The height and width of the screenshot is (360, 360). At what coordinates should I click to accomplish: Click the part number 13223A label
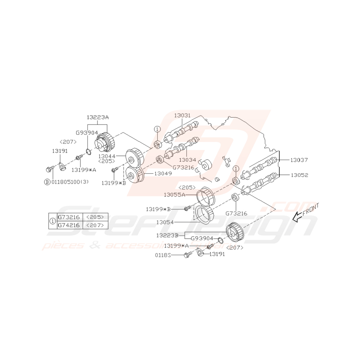pos(97,117)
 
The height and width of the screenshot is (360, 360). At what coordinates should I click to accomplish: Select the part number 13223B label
pos(167,235)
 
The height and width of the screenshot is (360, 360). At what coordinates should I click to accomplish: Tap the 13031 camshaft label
pos(183,115)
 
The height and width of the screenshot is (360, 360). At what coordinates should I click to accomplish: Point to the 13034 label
pos(188,159)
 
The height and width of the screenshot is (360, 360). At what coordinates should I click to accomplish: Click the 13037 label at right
pos(299,160)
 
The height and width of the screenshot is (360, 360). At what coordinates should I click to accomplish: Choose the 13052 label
pos(299,175)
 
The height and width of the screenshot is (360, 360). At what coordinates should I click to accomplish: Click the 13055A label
pos(175,195)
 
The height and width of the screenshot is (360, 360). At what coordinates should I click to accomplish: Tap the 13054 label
pos(165,222)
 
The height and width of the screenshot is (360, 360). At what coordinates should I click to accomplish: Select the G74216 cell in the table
pos(68,225)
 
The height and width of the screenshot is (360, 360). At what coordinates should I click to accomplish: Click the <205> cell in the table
pos(95,217)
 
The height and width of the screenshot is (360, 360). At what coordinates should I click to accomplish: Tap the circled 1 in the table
pos(53,221)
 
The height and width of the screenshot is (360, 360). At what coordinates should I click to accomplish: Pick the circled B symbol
pos(47,182)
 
